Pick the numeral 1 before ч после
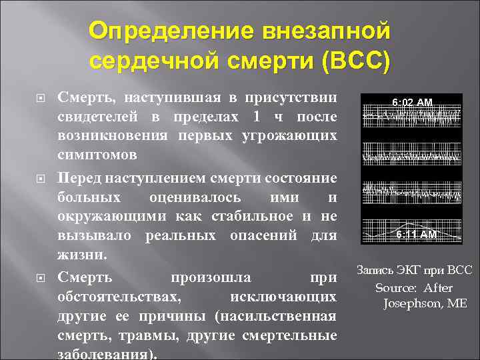click(x=255, y=118)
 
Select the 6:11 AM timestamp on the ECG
click(x=416, y=235)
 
